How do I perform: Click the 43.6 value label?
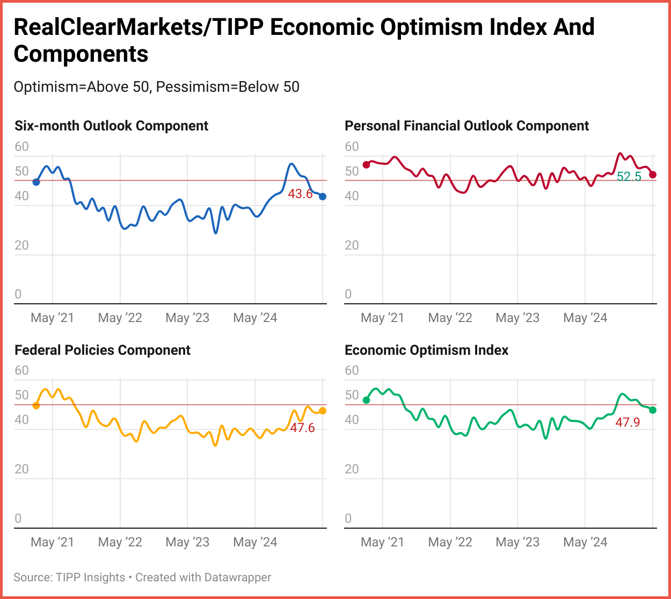(x=300, y=194)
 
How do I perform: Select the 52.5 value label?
(x=629, y=177)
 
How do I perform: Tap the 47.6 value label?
(x=302, y=428)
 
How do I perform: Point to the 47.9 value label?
(x=628, y=422)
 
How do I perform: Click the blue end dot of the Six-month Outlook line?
(x=323, y=196)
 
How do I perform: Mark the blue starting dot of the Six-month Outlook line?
(x=36, y=182)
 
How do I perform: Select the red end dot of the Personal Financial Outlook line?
(x=653, y=174)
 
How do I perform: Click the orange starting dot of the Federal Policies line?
(x=36, y=406)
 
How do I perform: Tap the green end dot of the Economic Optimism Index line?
(x=653, y=410)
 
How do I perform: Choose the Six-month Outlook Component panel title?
(x=111, y=126)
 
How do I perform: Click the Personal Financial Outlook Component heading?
(x=466, y=126)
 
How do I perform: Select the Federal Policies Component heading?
(x=103, y=350)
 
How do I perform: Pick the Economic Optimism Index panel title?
(x=426, y=350)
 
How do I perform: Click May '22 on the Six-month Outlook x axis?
(x=120, y=318)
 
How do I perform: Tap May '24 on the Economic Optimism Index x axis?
(x=585, y=542)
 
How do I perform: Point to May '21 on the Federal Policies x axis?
(x=53, y=542)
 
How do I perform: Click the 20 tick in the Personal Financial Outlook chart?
(x=352, y=245)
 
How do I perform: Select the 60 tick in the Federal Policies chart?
(x=22, y=370)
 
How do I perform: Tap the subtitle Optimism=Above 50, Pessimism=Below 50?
(x=156, y=87)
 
